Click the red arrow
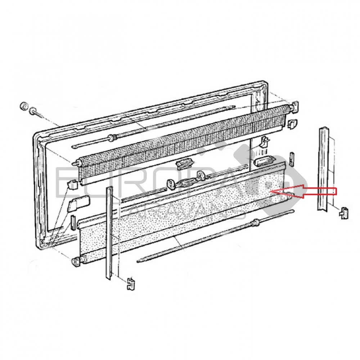[303, 191]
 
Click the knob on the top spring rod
[113, 137]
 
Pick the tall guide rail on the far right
[324, 169]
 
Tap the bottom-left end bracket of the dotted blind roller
[77, 262]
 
